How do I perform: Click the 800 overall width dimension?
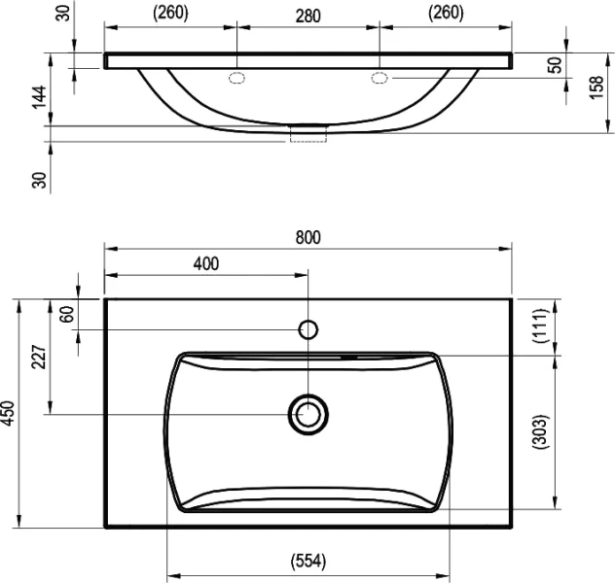(307, 237)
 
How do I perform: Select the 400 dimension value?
(206, 263)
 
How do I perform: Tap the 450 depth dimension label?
(9, 413)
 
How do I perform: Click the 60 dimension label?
(67, 315)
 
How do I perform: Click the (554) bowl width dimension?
(307, 562)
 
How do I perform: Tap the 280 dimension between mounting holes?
(307, 13)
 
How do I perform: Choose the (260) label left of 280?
(170, 13)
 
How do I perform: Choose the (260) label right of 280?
(445, 13)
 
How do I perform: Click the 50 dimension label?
(556, 66)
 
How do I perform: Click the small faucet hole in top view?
(307, 329)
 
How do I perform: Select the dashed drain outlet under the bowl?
(307, 136)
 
